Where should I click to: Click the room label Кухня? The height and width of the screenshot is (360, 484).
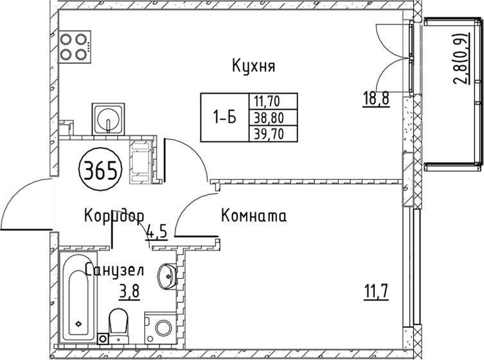(253, 66)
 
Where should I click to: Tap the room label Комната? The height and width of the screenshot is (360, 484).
(253, 216)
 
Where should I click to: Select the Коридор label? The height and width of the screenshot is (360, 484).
(114, 215)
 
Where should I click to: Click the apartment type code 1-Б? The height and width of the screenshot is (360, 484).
(224, 118)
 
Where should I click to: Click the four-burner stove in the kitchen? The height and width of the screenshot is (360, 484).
(73, 46)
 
